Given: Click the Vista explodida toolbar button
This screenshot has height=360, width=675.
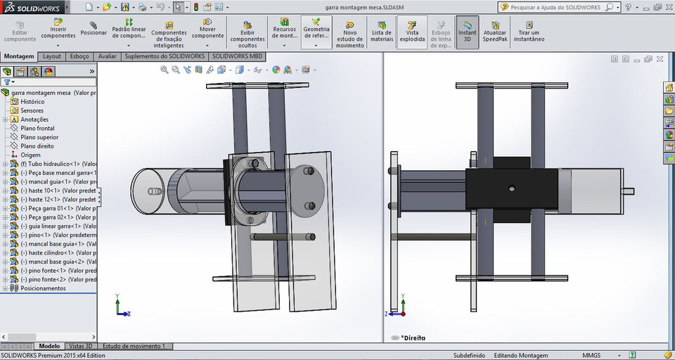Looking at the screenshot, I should click(x=412, y=32).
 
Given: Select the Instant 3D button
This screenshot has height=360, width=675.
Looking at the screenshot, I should click(x=467, y=32).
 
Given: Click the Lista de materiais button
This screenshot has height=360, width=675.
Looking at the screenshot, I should click(x=382, y=32).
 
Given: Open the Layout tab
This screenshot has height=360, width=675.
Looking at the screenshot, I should click(x=52, y=56).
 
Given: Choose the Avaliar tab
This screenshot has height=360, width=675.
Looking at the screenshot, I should click(x=107, y=56).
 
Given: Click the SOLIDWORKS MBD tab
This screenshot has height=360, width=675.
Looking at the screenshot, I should click(x=238, y=56).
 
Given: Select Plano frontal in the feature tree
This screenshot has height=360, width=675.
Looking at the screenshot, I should click(x=37, y=129).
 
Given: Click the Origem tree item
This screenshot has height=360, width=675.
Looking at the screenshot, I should click(x=30, y=155).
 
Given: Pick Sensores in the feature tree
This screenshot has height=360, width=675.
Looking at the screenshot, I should click(x=32, y=110).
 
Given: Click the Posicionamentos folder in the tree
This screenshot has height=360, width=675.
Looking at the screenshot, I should click(x=43, y=288).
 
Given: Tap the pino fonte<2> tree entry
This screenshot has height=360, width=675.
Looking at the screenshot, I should click(x=53, y=279).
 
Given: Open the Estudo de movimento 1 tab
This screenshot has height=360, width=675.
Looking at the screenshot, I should click(x=134, y=346).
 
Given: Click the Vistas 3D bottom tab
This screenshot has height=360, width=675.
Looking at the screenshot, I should click(x=80, y=346).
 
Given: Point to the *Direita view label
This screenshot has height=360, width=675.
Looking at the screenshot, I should click(x=412, y=337).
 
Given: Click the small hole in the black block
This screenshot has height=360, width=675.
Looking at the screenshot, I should click(x=511, y=188).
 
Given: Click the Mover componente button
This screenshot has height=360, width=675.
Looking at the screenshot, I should click(x=207, y=32).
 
